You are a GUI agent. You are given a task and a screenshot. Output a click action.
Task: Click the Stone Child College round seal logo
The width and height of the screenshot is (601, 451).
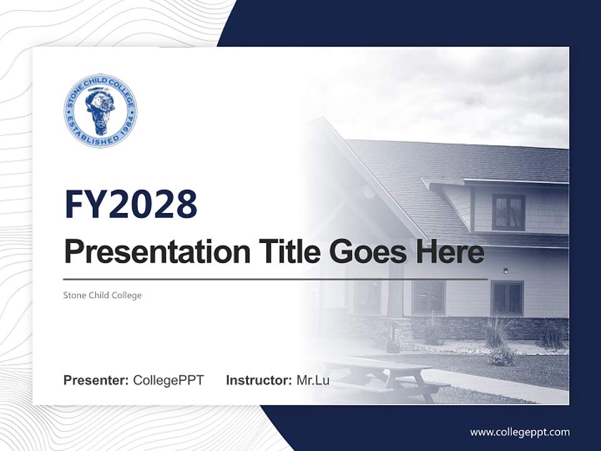(x=100, y=111)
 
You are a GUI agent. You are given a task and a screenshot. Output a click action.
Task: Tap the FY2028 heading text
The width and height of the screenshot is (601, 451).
(x=131, y=204)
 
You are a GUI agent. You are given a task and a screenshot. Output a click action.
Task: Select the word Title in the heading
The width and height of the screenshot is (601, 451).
(x=287, y=252)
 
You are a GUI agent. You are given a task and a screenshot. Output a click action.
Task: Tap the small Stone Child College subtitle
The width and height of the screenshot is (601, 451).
(x=103, y=295)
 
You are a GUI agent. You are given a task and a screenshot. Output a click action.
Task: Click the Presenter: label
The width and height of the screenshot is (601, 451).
(x=96, y=380)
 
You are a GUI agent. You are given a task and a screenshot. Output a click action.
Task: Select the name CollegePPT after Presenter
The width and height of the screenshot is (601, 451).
(x=168, y=380)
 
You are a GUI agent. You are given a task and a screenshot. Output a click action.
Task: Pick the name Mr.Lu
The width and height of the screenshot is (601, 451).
(x=313, y=380)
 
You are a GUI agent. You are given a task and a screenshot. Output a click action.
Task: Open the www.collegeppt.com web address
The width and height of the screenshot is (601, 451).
(x=520, y=432)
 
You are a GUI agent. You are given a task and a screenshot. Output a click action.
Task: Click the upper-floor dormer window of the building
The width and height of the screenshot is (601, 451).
(x=508, y=212)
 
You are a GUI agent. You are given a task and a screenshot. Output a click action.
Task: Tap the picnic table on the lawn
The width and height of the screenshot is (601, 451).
(x=382, y=376)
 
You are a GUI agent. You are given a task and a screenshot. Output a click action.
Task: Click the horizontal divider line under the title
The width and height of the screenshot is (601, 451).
(x=275, y=279)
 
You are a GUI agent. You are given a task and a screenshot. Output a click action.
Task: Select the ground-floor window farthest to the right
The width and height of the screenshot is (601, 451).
(x=507, y=298)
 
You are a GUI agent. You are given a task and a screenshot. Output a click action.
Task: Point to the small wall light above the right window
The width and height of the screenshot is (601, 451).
(x=505, y=271)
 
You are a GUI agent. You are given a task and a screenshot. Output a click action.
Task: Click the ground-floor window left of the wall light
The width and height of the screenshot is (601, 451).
(x=428, y=298)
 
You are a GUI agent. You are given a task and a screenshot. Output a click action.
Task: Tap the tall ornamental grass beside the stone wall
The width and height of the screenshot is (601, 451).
(x=498, y=335)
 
